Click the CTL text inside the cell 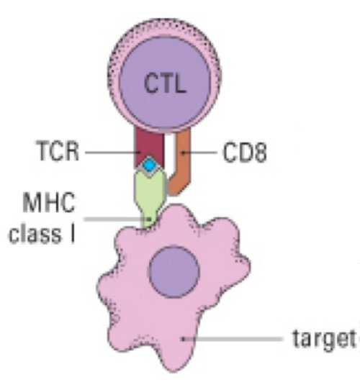(165, 83)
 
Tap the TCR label (58, 151)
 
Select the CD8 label (245, 153)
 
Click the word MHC (49, 202)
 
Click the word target (325, 338)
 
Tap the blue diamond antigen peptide (149, 165)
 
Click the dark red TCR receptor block (149, 148)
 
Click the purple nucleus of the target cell (174, 272)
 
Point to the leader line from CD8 (200, 153)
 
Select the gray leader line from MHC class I (117, 219)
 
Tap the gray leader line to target (233, 339)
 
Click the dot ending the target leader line (183, 339)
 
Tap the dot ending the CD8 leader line (183, 153)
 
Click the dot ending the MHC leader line (149, 219)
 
